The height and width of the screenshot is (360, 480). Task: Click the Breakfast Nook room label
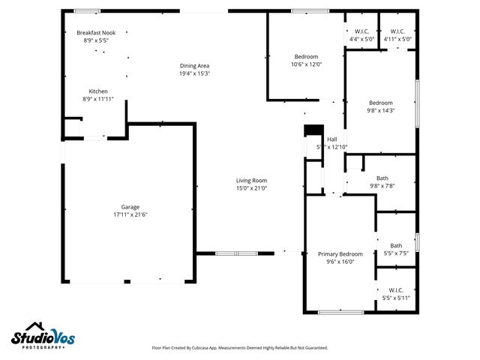coord(96,32)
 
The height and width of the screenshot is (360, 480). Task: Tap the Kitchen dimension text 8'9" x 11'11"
coord(97,99)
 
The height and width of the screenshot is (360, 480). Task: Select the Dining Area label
coord(194,65)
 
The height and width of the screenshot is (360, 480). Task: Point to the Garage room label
coord(130,207)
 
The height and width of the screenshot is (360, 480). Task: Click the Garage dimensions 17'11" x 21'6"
coord(130,214)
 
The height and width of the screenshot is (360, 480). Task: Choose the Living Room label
coord(251,180)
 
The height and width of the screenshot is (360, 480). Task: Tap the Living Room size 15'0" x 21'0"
coord(251,188)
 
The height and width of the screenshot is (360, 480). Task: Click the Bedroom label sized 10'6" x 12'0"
coord(306,56)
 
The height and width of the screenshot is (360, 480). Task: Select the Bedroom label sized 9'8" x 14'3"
coord(381,103)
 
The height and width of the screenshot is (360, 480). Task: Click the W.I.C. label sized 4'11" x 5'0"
coord(397,31)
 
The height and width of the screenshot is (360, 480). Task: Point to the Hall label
coord(331,139)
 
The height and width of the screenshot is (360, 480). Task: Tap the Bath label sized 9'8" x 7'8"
coord(382,178)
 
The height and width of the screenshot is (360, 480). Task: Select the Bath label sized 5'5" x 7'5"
coord(396,245)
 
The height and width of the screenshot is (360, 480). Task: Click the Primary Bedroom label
coord(340,254)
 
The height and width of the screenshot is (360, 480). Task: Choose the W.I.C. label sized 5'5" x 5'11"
coord(396,290)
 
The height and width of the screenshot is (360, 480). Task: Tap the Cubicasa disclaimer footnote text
coord(240,348)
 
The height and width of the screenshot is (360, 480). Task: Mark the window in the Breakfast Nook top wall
coord(87,10)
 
